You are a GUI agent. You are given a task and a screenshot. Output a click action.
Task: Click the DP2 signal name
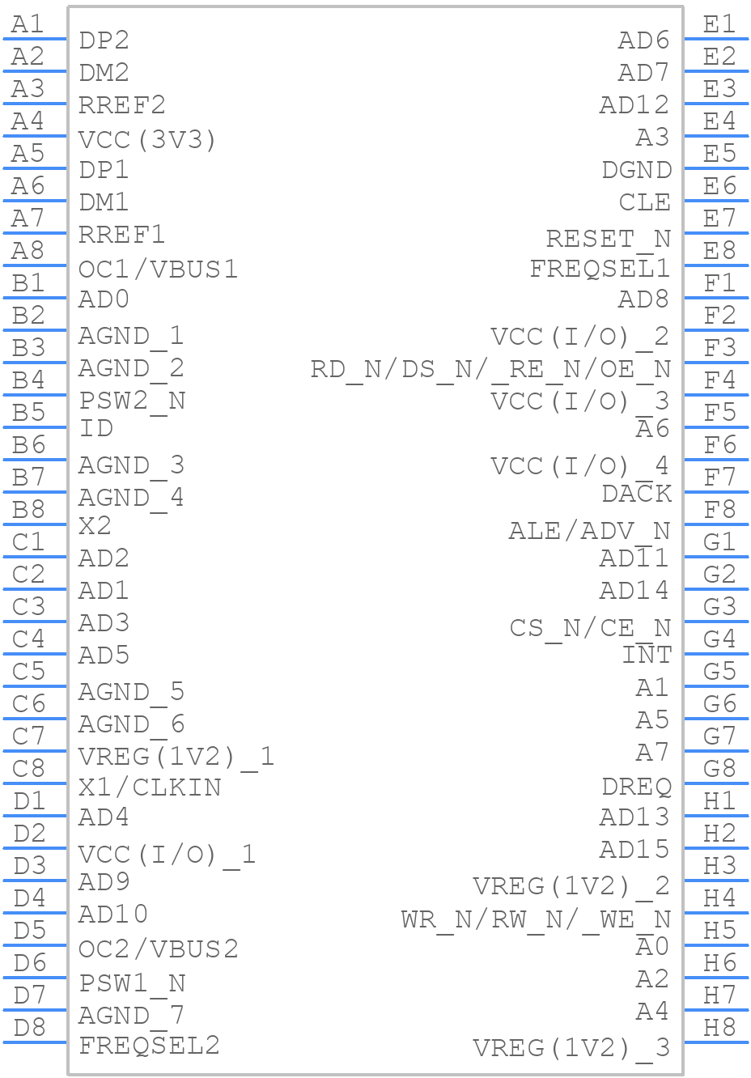point(104,40)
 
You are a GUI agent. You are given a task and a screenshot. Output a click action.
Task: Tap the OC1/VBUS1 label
point(158,269)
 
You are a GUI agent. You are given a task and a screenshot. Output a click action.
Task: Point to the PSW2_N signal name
point(132,400)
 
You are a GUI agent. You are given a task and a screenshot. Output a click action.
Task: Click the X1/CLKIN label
point(150,787)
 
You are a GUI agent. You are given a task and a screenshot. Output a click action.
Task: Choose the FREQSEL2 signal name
point(149,1045)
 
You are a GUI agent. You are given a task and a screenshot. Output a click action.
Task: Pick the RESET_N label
point(608,239)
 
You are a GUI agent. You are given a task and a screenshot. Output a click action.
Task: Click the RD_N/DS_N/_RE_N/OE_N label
point(490,369)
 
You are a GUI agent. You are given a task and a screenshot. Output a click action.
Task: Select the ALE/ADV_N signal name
point(589,531)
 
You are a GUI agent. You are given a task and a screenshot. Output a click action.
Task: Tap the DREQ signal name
point(636,787)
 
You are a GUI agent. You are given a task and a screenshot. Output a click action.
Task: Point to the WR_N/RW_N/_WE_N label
point(536,919)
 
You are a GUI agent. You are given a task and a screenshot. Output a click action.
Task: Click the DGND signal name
point(636,170)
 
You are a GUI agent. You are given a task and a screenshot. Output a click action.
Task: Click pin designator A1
point(28,24)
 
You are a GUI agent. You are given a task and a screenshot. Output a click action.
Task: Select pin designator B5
point(29,413)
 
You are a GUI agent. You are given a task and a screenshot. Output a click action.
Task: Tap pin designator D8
point(29,1028)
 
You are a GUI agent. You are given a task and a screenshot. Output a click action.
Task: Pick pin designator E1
point(719,24)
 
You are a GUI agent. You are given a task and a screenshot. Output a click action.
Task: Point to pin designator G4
point(719,639)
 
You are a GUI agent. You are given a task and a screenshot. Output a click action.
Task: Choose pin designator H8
point(719,1028)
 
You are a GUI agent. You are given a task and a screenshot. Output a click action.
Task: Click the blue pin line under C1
point(35,556)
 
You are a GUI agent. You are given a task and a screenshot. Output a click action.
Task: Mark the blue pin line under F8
point(716,524)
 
